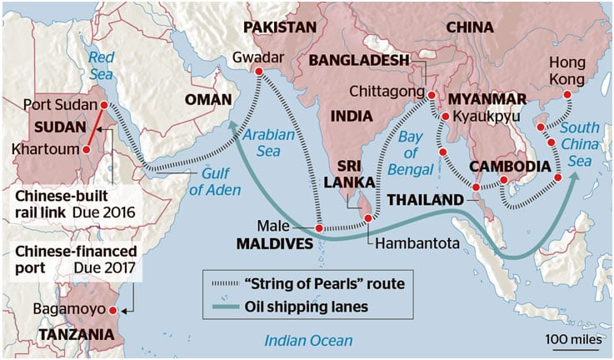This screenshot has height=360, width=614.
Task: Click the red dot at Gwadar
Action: click(258, 72)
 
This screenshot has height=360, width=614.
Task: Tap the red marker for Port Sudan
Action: click(103, 106)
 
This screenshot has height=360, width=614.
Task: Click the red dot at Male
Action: click(319, 227)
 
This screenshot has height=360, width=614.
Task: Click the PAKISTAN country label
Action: click(279, 27)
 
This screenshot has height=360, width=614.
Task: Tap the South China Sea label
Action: click(585, 143)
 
